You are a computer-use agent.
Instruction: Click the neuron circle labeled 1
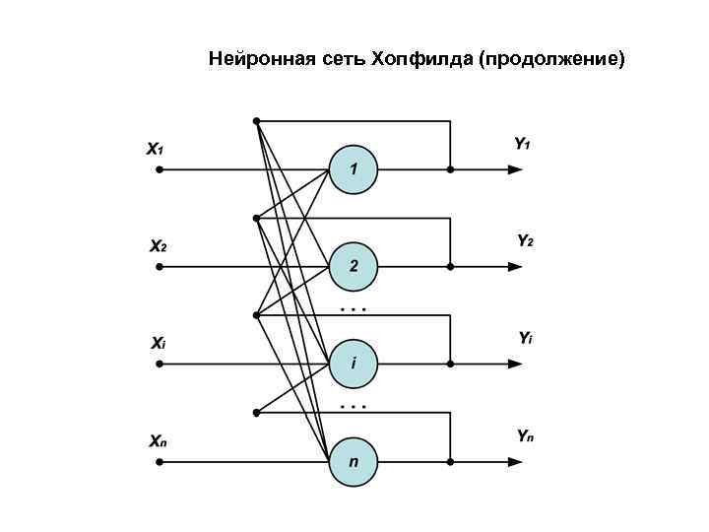point(353,169)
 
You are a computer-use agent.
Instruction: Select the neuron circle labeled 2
point(353,266)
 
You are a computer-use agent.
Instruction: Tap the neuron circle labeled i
point(353,364)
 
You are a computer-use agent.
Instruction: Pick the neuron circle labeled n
point(353,460)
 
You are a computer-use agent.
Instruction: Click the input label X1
point(156,150)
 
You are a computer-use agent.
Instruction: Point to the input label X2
point(158,245)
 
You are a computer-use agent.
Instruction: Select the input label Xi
point(158,344)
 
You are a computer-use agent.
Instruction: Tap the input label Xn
point(158,440)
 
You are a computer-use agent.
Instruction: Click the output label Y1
point(523,144)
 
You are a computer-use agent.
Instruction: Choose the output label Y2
point(525,240)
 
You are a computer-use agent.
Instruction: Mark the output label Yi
point(525,338)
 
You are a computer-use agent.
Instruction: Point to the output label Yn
point(525,434)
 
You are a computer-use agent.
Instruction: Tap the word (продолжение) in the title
point(551,59)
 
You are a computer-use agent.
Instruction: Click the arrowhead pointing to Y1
point(514,169)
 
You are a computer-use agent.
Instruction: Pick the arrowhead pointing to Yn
point(514,460)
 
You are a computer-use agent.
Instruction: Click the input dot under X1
point(158,169)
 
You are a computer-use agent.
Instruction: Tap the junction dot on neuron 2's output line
point(450,266)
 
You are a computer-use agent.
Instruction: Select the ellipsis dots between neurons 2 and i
point(353,309)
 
